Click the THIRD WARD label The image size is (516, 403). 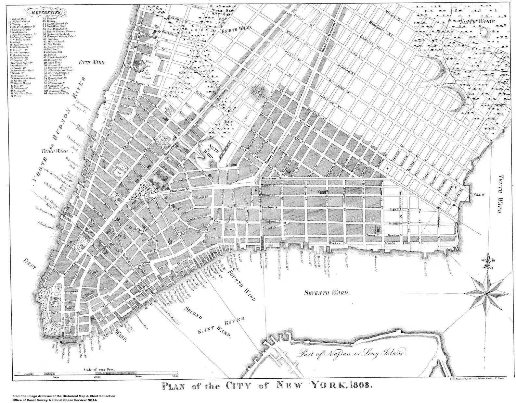click(x=54, y=151)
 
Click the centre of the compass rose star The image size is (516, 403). click(x=486, y=293)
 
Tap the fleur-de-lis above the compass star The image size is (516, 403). click(x=486, y=262)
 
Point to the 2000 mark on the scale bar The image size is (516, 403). click(x=97, y=377)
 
